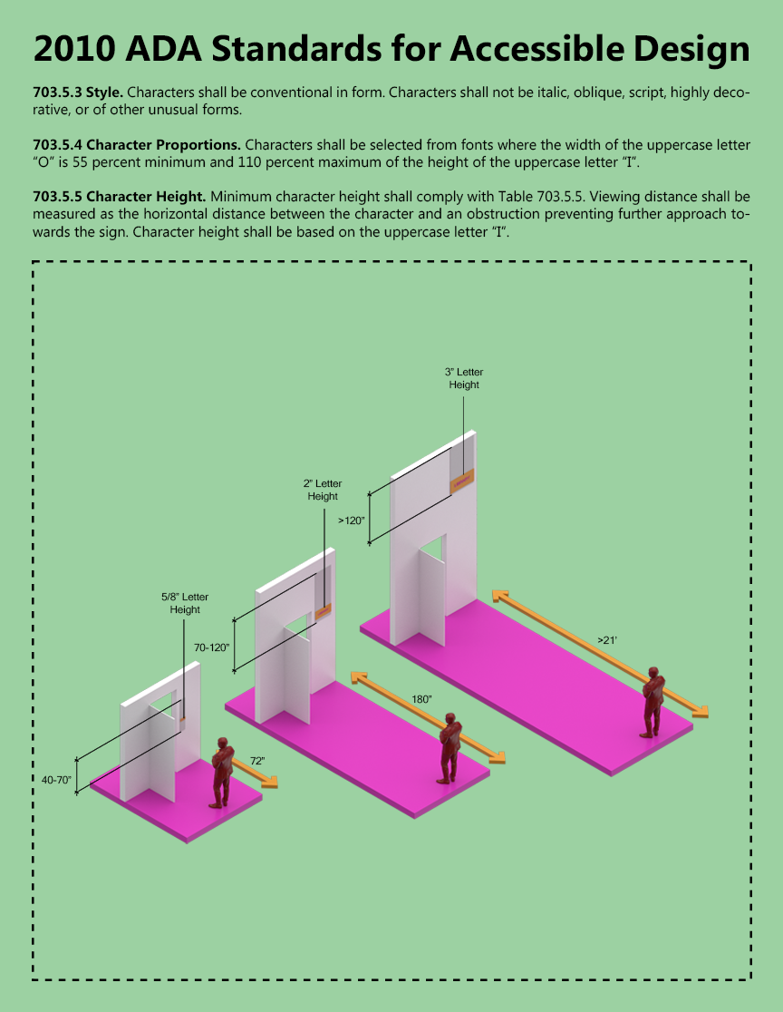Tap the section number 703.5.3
point(57,93)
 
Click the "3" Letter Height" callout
point(464,378)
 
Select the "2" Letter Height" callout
point(323,490)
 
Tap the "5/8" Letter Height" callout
point(185,603)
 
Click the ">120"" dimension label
point(351,521)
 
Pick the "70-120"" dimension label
point(212,647)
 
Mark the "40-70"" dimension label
point(57,779)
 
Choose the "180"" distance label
point(421,699)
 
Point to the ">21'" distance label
point(606,640)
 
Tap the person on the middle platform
point(449,748)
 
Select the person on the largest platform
point(653,702)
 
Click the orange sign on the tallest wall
point(462,482)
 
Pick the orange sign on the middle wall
point(323,611)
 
